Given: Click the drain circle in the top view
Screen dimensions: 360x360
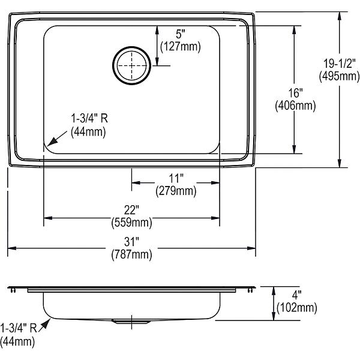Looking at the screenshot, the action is (131, 47).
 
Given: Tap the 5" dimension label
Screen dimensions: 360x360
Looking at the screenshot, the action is (181, 34).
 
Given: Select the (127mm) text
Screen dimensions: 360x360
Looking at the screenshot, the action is (181, 47).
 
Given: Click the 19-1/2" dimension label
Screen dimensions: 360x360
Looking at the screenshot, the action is (340, 63).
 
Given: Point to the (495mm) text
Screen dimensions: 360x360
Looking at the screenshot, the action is (340, 76).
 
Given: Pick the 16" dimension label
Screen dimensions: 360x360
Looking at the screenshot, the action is (295, 93).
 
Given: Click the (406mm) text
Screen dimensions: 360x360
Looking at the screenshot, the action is (295, 106).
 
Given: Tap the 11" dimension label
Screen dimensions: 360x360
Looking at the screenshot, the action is (176, 178).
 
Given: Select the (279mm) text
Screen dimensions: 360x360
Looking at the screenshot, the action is (176, 191).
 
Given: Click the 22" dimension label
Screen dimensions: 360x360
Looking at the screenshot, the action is (131, 210).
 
